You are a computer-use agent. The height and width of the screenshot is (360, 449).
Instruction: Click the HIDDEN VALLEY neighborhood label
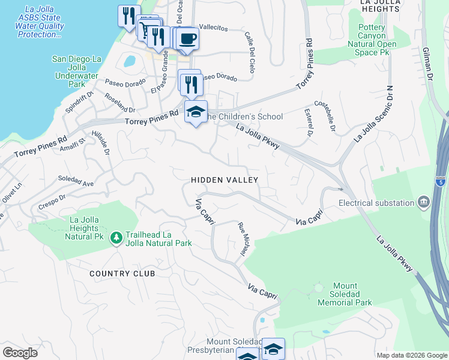pos(224,180)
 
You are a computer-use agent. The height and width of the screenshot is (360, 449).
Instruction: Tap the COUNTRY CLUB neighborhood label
pos(122,274)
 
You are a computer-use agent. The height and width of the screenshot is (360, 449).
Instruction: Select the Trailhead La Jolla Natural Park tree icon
pos(116,238)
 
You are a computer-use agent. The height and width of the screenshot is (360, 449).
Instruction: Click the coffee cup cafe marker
pos(188,38)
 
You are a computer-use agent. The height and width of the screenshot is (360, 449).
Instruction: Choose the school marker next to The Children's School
pos(196,112)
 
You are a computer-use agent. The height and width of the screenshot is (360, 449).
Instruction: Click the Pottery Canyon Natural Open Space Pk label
pos(377,40)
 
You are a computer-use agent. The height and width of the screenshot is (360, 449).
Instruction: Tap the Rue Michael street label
pos(243,239)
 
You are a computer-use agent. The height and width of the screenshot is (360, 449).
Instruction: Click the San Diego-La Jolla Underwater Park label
pos(77,71)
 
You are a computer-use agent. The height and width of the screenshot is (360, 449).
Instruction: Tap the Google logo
pos(20,353)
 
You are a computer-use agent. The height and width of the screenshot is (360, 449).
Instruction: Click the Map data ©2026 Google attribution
pos(411,355)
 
